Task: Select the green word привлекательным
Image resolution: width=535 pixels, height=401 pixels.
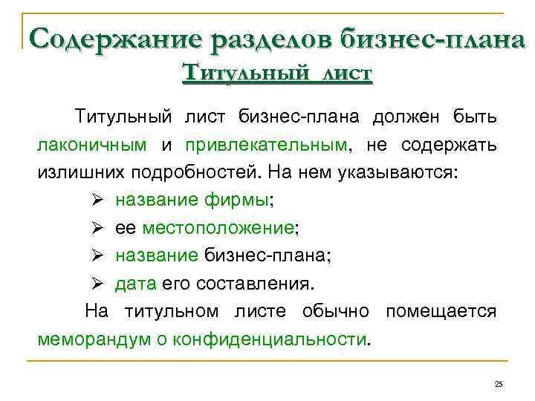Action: [x=266, y=145]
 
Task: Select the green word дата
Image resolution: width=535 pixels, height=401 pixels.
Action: [x=135, y=284]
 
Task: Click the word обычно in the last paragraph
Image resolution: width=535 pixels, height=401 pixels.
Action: [x=339, y=312]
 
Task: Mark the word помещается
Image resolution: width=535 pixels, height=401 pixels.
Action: [x=440, y=312]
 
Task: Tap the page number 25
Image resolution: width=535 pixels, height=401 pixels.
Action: [x=499, y=383]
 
